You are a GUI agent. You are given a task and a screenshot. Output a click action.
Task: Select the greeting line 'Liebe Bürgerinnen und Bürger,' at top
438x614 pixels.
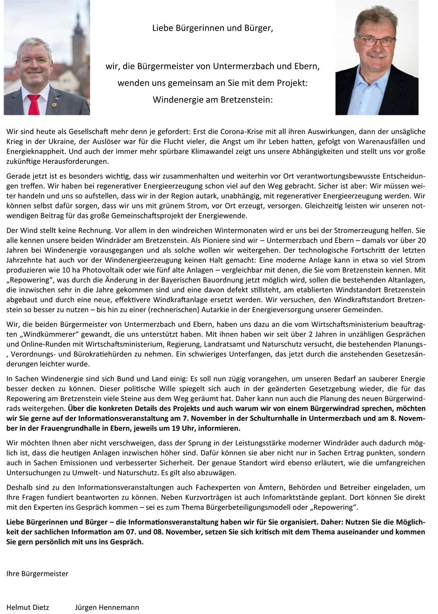coord(212,28)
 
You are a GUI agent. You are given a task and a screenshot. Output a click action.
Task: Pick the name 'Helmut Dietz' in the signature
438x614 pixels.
coord(28,607)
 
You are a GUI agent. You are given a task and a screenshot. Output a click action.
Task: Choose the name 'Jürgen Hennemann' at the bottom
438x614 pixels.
coord(107,607)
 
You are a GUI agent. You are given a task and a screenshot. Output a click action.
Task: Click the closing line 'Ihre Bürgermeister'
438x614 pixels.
coord(37,574)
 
